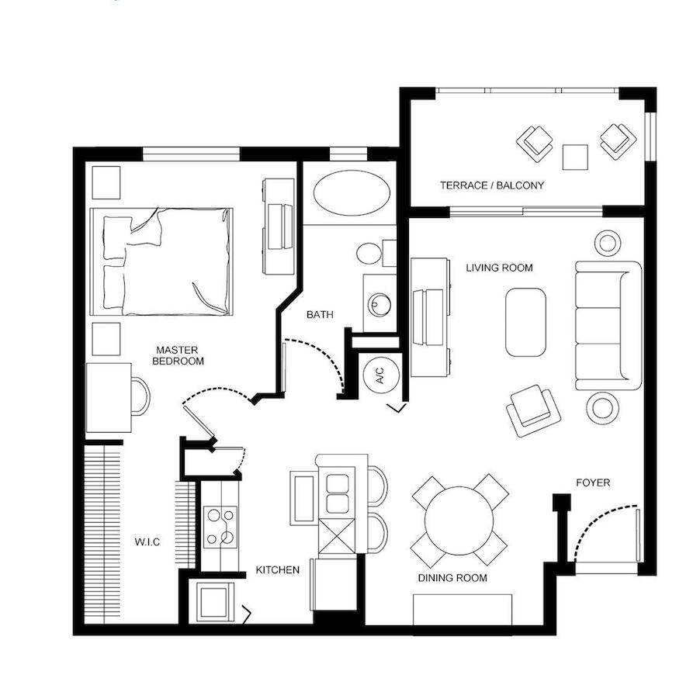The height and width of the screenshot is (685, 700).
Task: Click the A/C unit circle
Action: coord(379,375)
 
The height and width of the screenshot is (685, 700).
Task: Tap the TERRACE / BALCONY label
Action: coord(492,185)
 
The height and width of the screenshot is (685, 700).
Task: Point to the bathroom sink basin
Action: coord(379,305)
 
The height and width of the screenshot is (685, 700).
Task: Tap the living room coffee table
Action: coord(526,322)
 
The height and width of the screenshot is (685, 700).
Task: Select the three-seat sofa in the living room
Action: coord(608,325)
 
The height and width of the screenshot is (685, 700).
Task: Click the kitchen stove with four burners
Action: coord(220,527)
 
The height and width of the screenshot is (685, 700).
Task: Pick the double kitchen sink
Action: coord(337,493)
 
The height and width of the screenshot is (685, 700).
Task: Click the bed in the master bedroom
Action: coord(161,261)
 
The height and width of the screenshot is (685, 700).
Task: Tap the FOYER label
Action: coord(593,483)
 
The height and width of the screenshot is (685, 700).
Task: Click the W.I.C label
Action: coord(147,542)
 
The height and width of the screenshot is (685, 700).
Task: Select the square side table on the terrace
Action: coord(575,157)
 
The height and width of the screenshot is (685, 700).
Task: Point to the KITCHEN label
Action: coord(277,570)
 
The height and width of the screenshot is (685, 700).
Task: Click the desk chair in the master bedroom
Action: coord(141,396)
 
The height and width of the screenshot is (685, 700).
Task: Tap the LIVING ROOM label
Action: coord(500,268)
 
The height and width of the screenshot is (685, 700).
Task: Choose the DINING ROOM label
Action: coord(452,578)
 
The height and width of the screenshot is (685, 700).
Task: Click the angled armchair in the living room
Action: coord(533,410)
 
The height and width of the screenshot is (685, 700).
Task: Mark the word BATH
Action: coord(320,315)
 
